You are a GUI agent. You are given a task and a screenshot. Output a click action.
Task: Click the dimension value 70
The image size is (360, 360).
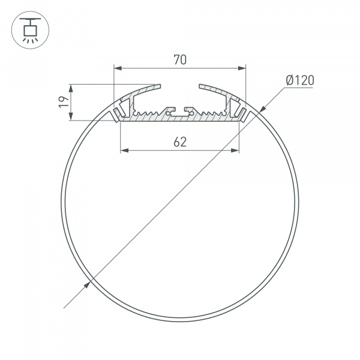coord(179,59)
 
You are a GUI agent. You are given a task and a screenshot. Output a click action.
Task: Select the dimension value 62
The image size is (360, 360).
coord(179,142)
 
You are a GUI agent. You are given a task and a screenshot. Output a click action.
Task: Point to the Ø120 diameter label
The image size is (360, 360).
coord(300,80)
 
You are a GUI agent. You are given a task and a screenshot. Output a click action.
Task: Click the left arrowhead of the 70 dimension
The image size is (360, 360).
coord(116,67)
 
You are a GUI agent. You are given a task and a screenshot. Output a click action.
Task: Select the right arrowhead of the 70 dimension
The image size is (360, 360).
coord(242,67)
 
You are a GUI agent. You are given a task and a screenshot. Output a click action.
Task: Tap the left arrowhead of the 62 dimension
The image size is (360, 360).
coord(124,150)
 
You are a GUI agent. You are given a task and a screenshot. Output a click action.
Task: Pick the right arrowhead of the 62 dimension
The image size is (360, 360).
coord(235,150)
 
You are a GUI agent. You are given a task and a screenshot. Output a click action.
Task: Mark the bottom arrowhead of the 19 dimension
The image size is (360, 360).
coord(72,116)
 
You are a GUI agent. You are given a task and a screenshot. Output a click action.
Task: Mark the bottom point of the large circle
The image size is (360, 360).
coord(179,319)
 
